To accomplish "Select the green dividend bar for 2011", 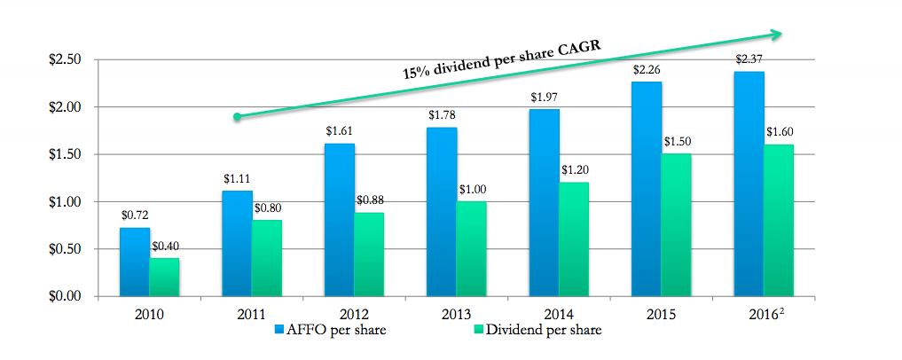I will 266,258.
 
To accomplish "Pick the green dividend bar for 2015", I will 675,225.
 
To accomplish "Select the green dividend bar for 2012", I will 368,254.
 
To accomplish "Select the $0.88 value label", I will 369,200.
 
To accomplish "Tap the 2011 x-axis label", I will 251,314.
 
